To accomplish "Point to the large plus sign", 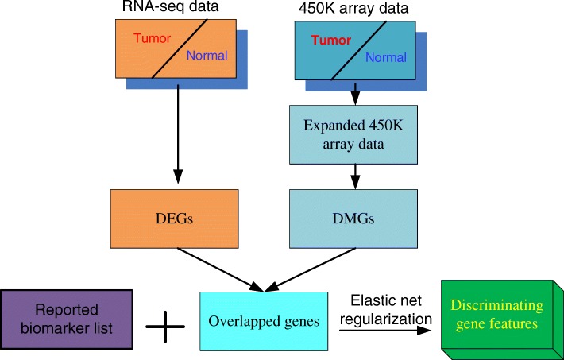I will click(165, 326).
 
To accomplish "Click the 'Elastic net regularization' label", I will click(388, 308).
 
